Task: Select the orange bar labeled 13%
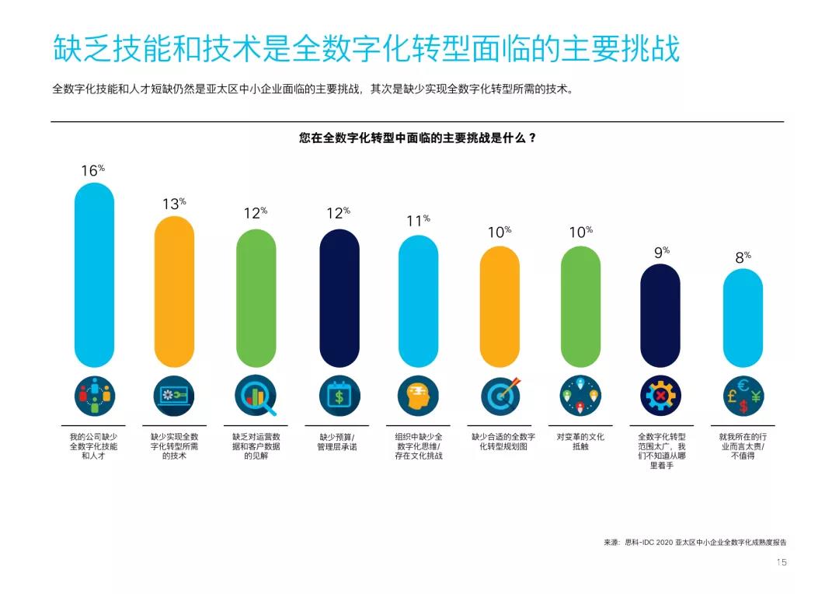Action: pyautogui.click(x=174, y=292)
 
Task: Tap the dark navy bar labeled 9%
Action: pyautogui.click(x=660, y=315)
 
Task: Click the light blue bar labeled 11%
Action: pyautogui.click(x=418, y=301)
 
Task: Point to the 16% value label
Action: pyautogui.click(x=92, y=170)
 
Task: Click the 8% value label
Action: pyautogui.click(x=743, y=256)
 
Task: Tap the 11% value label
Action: pyautogui.click(x=418, y=221)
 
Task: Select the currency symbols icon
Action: pyautogui.click(x=743, y=397)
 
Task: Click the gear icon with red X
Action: pyautogui.click(x=660, y=397)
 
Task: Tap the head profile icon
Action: pyautogui.click(x=418, y=397)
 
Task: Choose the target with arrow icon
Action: pyautogui.click(x=500, y=397)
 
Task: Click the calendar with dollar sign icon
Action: pyautogui.click(x=339, y=397)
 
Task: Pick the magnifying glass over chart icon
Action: pyautogui.click(x=256, y=397)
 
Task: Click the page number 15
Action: pyautogui.click(x=782, y=562)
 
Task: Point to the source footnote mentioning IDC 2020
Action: pyautogui.click(x=700, y=542)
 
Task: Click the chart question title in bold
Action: pyautogui.click(x=417, y=138)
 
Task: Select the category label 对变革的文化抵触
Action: pyautogui.click(x=580, y=442)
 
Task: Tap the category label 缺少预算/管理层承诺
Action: pyautogui.click(x=337, y=442)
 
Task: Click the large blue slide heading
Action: pyautogui.click(x=366, y=48)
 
